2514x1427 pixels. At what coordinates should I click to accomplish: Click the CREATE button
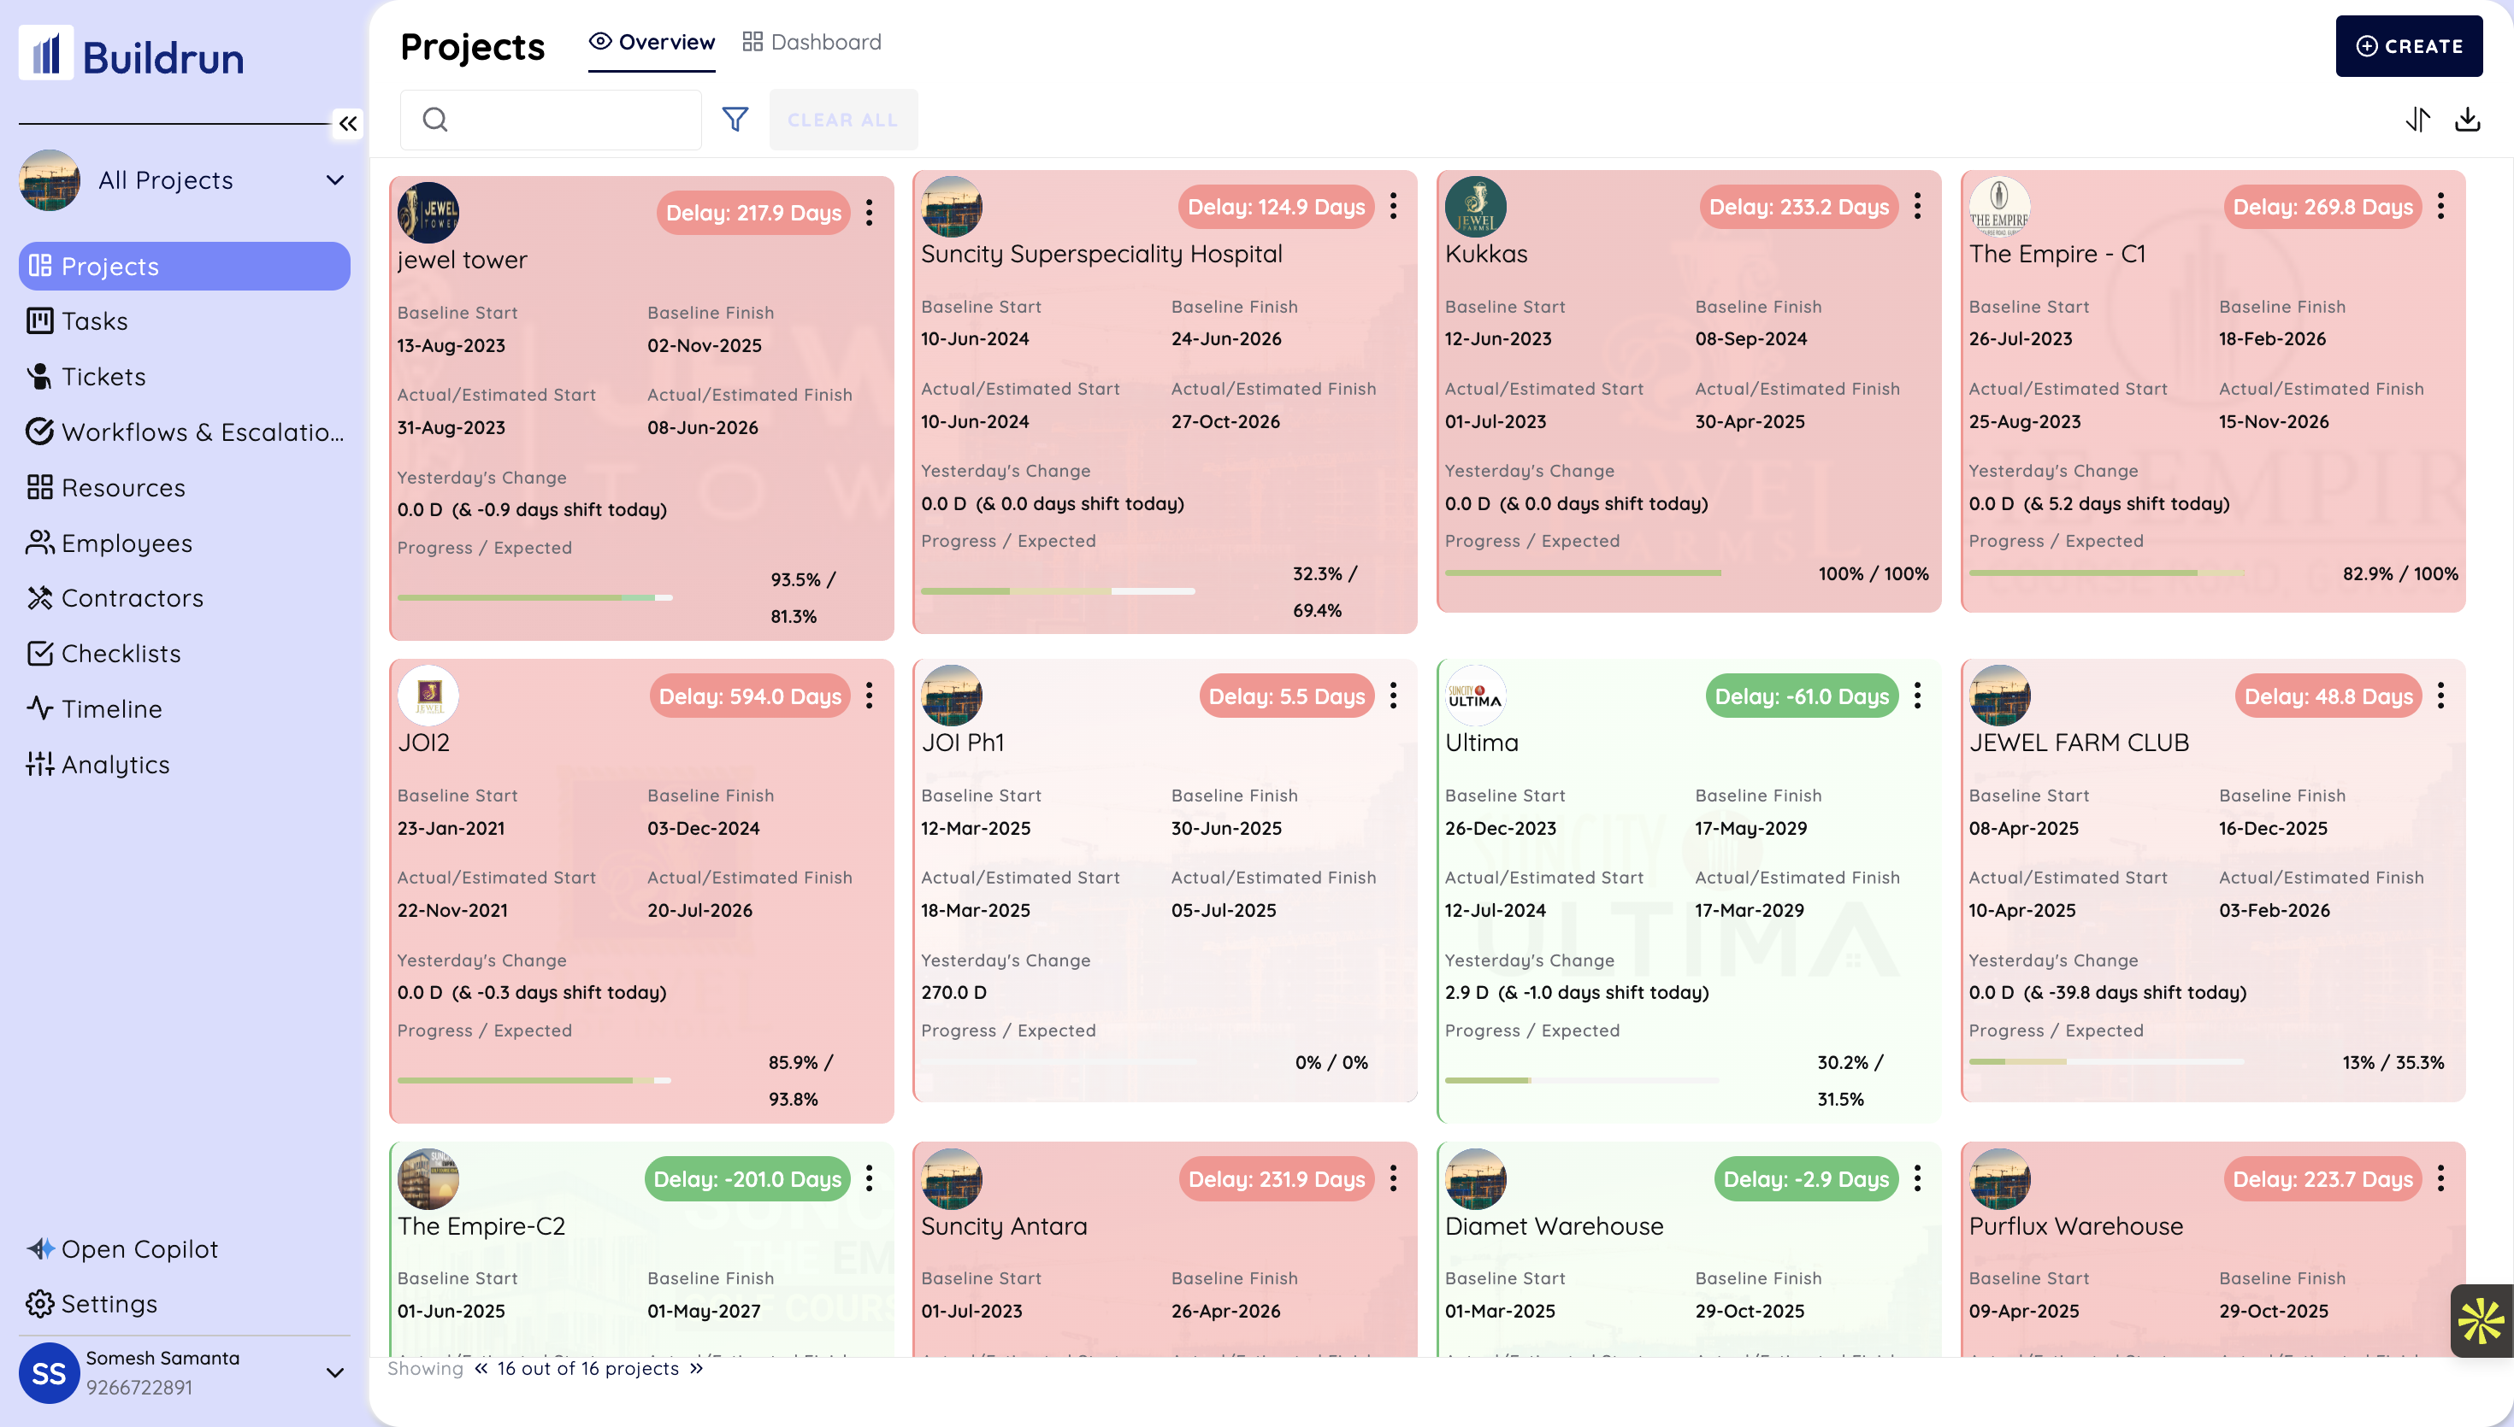click(2408, 46)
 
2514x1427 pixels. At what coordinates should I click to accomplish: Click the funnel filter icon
click(735, 120)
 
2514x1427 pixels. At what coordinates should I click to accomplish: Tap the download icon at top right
click(2467, 120)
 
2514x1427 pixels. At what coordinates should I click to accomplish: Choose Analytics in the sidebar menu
click(115, 765)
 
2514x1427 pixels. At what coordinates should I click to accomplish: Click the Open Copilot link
click(139, 1248)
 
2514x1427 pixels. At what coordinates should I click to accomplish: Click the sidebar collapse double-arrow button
click(347, 124)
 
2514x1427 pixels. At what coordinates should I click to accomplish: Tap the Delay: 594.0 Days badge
click(749, 696)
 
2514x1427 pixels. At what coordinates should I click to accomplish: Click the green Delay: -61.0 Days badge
click(1801, 696)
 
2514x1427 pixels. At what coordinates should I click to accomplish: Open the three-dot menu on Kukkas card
click(1917, 206)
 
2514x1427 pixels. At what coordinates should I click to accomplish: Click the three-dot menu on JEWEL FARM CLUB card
click(2440, 696)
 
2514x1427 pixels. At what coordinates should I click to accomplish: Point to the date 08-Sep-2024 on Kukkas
click(1750, 339)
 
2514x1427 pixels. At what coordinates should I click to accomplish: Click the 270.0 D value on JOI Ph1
click(953, 992)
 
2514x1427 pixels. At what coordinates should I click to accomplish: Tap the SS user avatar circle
click(49, 1372)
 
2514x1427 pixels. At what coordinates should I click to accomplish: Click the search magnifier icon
click(435, 120)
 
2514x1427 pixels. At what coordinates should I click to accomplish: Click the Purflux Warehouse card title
click(2074, 1226)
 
